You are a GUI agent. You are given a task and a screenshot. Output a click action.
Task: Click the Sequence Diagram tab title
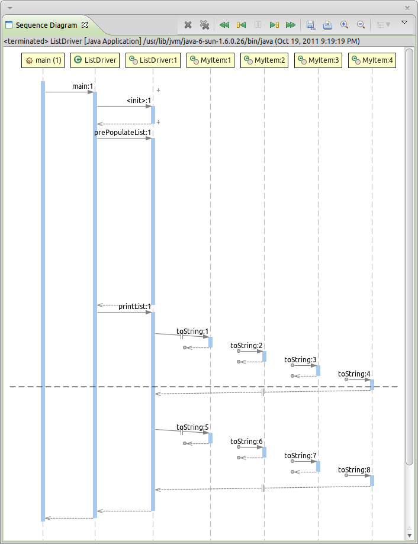tap(46, 25)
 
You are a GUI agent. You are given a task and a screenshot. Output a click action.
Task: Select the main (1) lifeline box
tap(43, 60)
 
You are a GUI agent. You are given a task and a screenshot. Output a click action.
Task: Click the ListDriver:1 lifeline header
tap(153, 60)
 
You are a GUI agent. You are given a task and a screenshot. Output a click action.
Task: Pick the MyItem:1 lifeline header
tap(210, 60)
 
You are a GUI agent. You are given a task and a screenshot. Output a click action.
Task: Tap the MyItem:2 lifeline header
tap(264, 60)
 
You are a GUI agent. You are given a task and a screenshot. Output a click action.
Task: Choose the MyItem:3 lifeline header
tap(318, 60)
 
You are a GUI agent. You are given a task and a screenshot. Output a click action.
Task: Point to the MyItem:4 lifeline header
tap(372, 60)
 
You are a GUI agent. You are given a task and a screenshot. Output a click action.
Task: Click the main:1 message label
tap(83, 86)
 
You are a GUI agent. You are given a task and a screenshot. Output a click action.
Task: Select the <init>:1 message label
tap(139, 101)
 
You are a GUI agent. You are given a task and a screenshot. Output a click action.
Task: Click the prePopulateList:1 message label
tap(123, 133)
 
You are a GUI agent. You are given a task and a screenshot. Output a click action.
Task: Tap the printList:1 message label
tap(135, 307)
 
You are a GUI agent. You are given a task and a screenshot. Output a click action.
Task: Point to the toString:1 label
tap(192, 331)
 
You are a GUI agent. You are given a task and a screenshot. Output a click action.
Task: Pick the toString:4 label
tap(354, 374)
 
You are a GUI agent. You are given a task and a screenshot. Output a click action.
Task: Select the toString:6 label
tap(246, 442)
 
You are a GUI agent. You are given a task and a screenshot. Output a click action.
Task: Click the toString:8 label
tap(354, 470)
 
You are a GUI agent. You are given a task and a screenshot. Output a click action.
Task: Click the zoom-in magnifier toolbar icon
tap(344, 25)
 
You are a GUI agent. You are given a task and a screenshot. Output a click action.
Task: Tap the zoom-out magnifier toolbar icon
tap(361, 25)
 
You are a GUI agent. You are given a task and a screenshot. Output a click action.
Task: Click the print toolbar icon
tap(327, 25)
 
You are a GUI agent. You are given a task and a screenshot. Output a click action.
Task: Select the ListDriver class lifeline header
tap(95, 60)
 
